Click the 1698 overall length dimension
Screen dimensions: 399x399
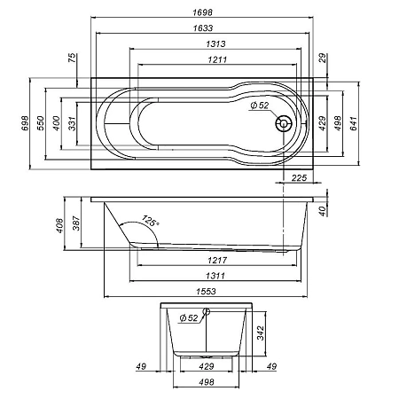201,10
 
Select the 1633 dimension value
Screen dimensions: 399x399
201,27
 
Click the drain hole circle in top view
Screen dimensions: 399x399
285,124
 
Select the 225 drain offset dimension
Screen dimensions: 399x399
299,178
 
